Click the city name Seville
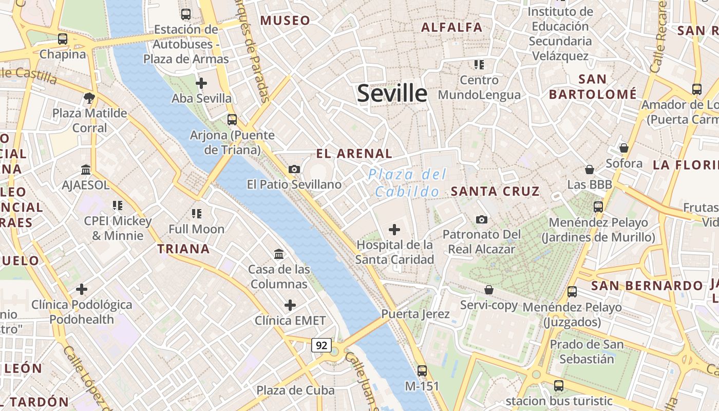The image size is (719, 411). coord(392,94)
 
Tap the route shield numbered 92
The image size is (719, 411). coord(321,345)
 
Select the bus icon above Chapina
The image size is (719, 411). coord(63,39)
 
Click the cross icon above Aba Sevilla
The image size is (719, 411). coord(201,83)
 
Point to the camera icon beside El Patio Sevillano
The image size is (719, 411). coord(294,169)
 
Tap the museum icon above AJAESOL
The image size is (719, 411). coord(86,170)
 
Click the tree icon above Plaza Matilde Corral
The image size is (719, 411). coord(89,98)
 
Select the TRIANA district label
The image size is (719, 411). coord(183,249)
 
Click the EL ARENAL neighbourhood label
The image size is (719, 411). coord(354,153)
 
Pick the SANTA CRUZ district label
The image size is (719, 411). coord(495,192)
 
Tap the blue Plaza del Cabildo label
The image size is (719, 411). coord(407,183)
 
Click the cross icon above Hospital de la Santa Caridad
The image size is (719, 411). coord(394,230)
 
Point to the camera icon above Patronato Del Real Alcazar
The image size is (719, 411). coord(481,219)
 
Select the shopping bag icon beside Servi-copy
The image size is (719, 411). coord(489,290)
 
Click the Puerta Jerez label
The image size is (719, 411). coord(415,314)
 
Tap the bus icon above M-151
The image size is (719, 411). coord(422,370)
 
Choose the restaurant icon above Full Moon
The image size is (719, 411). coord(197,213)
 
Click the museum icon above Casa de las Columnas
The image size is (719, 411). coord(279,254)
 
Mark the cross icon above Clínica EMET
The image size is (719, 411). coord(290,305)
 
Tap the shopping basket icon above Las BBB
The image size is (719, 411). coord(590,169)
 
